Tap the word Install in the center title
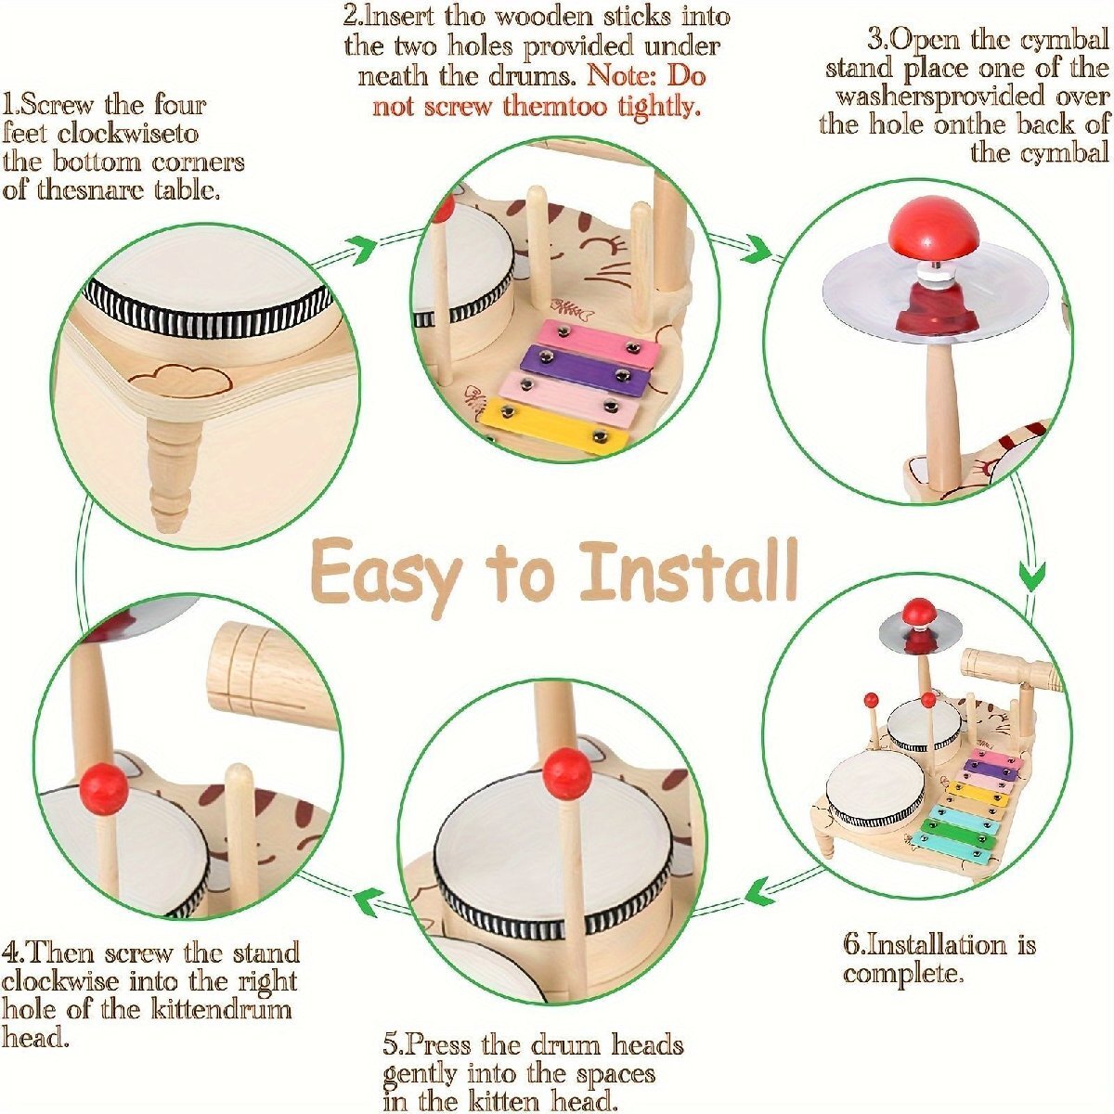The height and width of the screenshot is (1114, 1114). click(x=688, y=569)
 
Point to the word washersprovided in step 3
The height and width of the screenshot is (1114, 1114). click(x=940, y=97)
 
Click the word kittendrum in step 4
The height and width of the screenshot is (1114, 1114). click(x=222, y=1009)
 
